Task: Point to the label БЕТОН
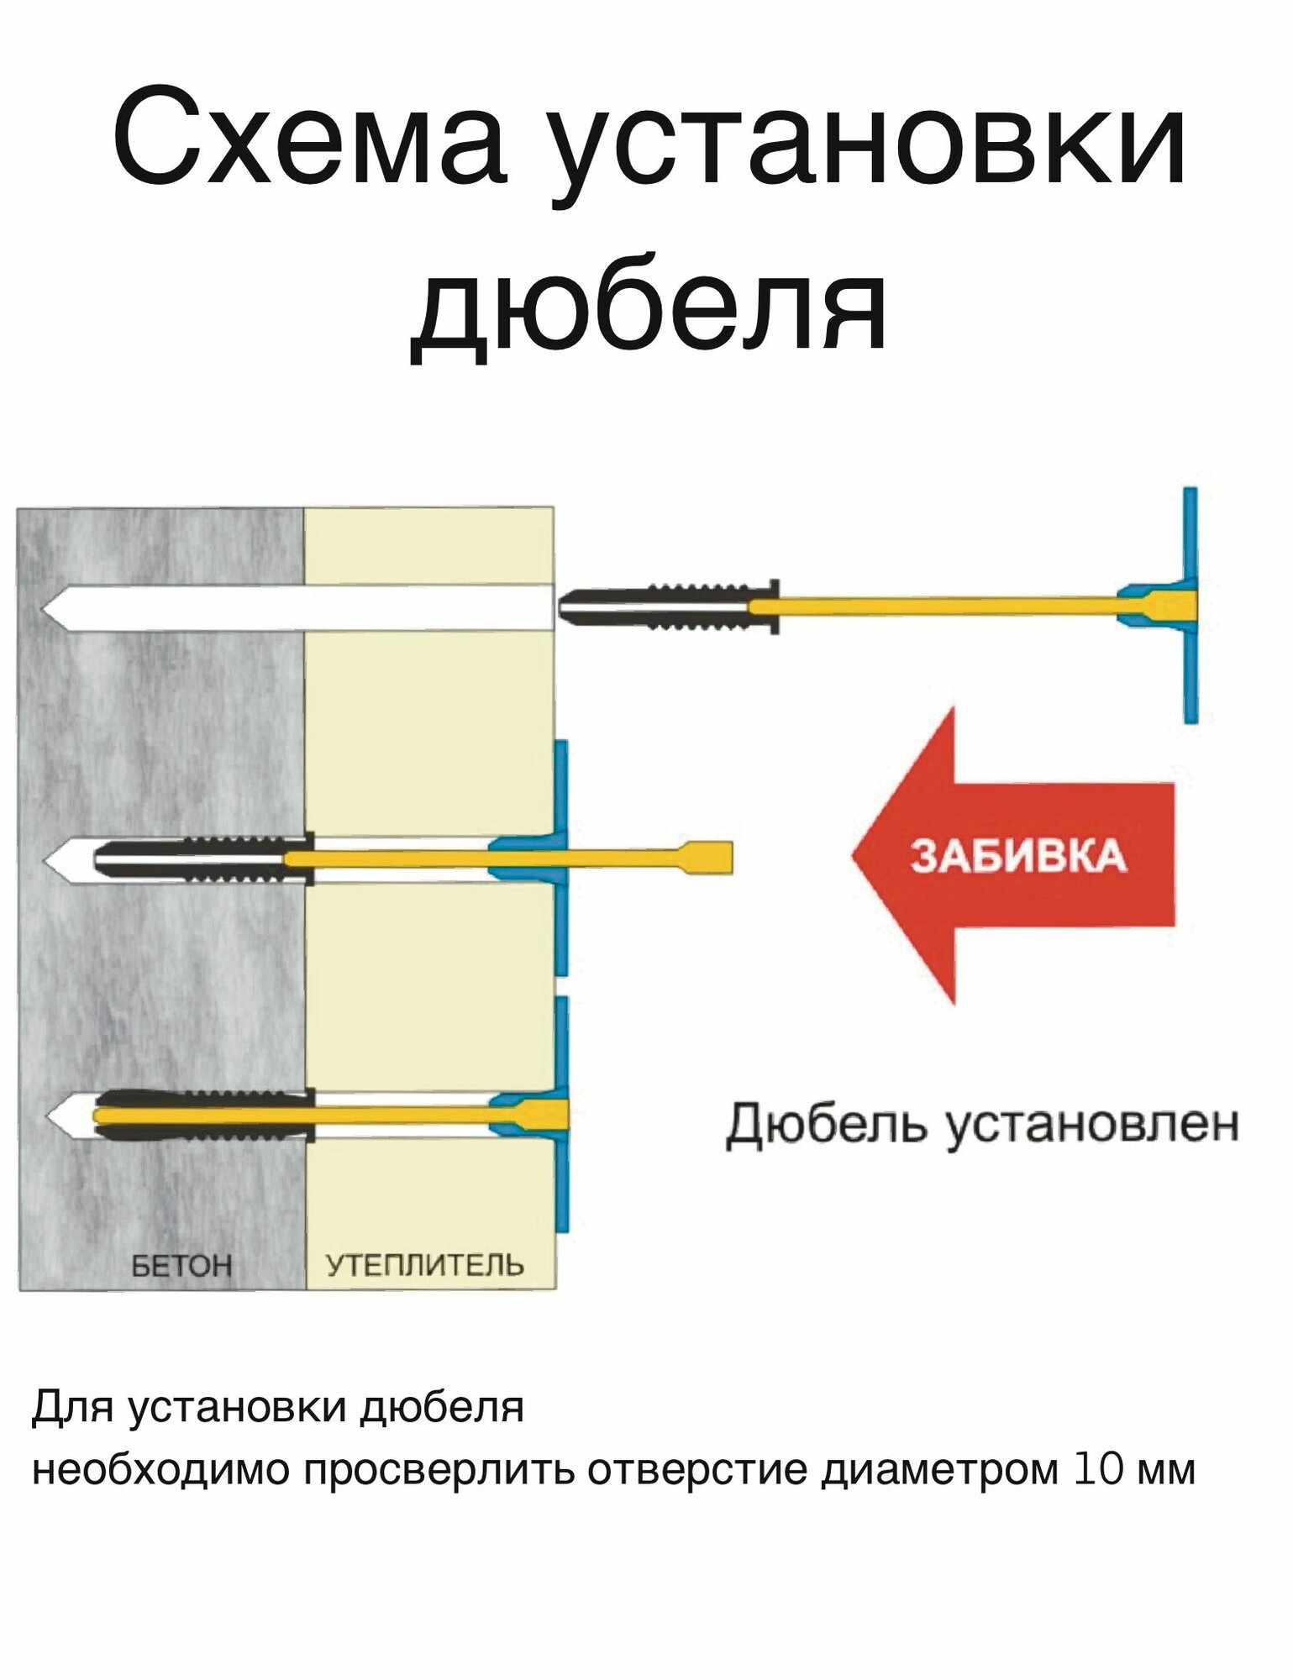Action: pyautogui.click(x=181, y=1265)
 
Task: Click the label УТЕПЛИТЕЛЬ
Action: pyautogui.click(x=424, y=1265)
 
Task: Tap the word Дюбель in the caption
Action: pyautogui.click(x=827, y=1124)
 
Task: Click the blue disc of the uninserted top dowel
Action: pyautogui.click(x=1190, y=605)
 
